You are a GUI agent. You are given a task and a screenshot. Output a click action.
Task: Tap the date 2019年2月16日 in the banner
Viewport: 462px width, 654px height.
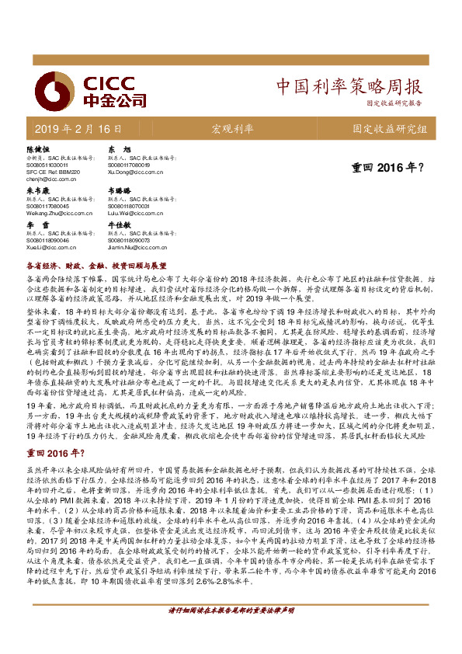coord(78,128)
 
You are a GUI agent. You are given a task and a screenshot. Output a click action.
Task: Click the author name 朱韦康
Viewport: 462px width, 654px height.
coord(39,190)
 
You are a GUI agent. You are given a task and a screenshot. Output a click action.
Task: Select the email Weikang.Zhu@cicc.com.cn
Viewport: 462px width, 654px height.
coord(61,211)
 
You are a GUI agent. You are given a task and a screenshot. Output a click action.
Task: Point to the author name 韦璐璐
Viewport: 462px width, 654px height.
coord(119,190)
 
